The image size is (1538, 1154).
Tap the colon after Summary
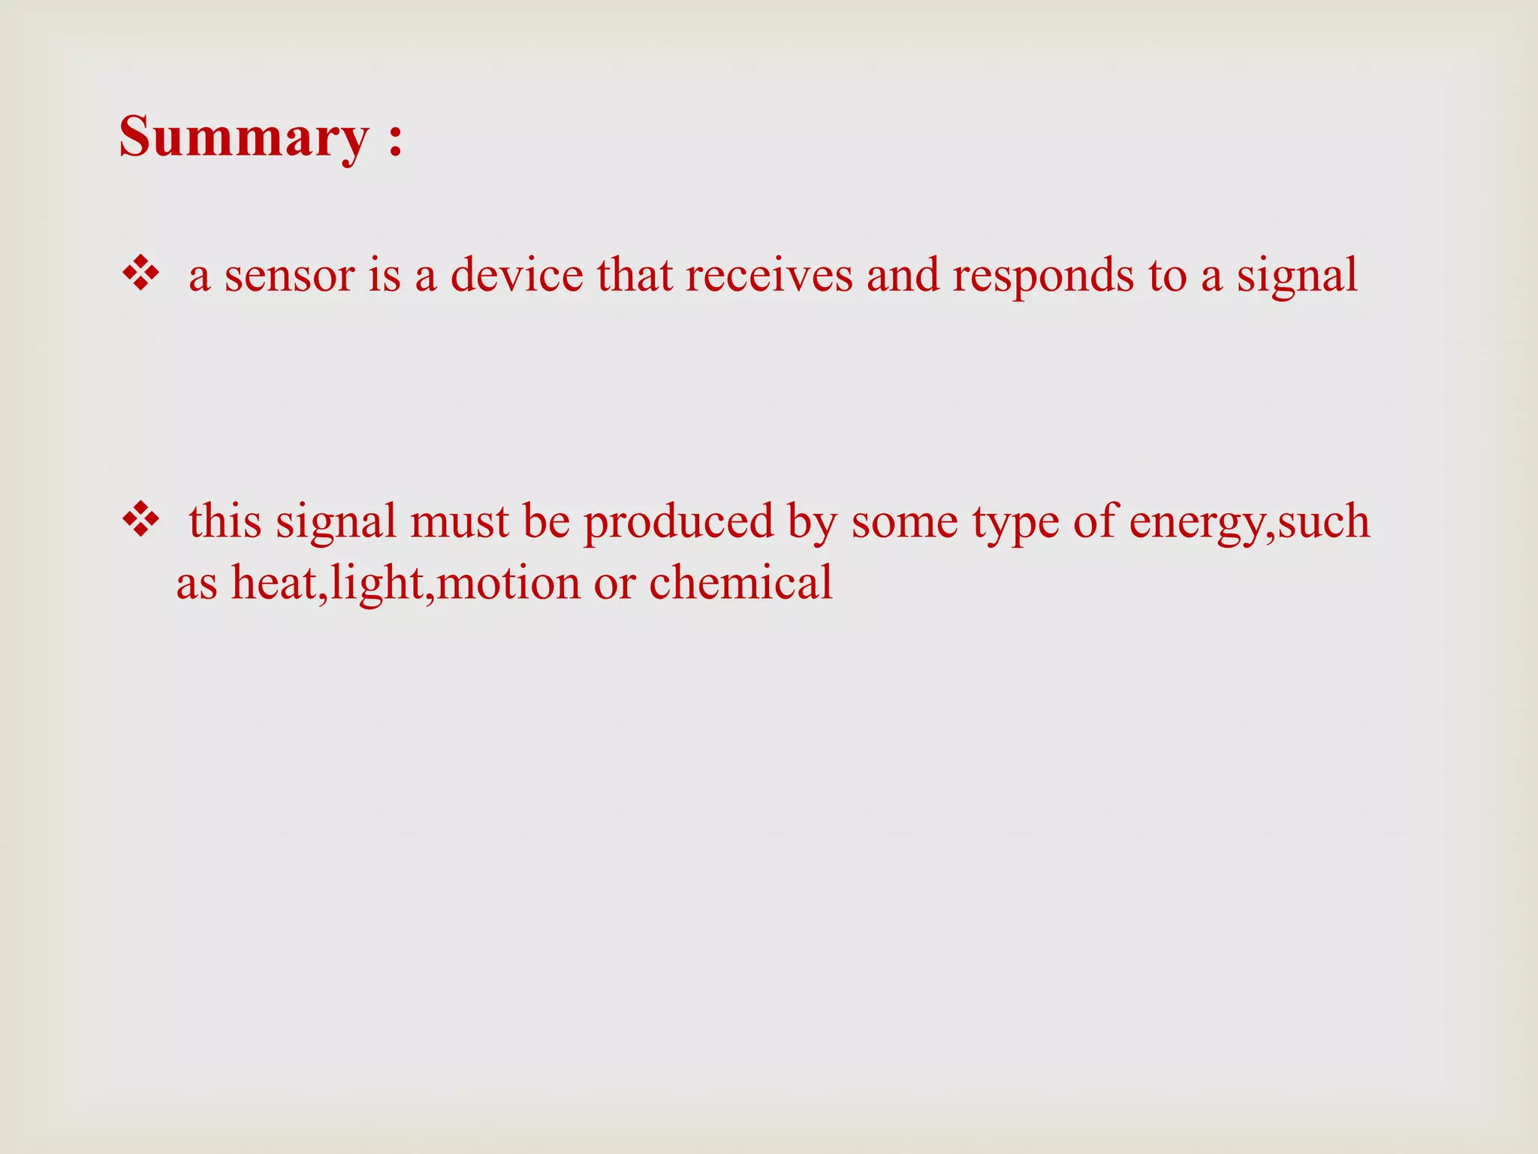[x=396, y=140]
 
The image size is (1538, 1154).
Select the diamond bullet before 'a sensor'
[x=140, y=273]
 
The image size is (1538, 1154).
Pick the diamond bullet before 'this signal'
[x=140, y=520]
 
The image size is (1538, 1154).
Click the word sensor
[x=289, y=275]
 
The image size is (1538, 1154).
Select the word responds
[x=1044, y=276]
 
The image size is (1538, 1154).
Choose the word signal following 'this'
[x=336, y=523]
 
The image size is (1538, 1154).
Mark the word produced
[x=678, y=521]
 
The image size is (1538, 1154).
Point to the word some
[x=904, y=521]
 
